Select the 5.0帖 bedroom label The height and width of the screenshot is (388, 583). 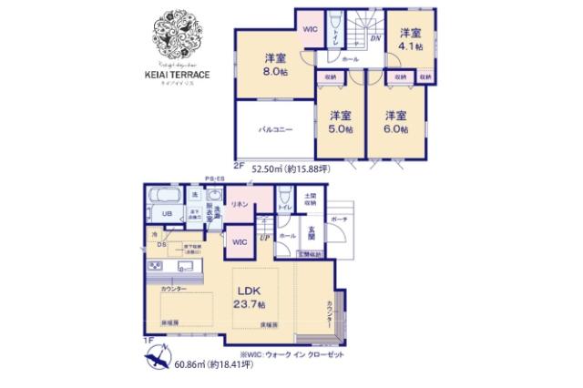(340, 121)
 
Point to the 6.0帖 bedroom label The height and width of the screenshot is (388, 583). (394, 121)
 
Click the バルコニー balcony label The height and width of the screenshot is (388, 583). (274, 130)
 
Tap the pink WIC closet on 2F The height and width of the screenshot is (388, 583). (309, 29)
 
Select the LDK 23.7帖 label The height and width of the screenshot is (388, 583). (249, 296)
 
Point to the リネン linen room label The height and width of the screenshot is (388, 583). (240, 204)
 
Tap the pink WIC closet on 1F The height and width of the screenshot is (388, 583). (239, 242)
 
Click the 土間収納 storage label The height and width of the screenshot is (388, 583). (310, 198)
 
